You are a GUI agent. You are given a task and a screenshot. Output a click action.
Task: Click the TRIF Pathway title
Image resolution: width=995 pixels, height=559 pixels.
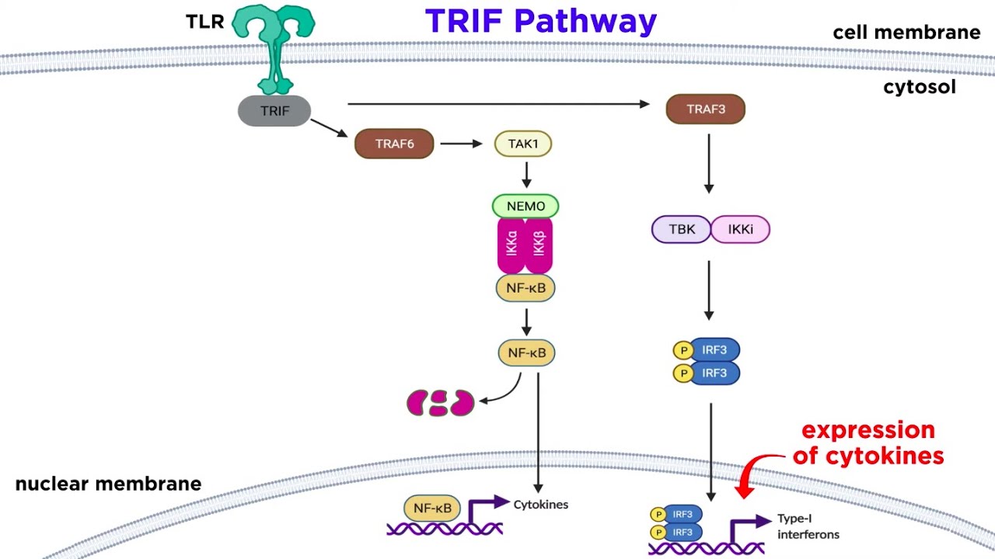[541, 22]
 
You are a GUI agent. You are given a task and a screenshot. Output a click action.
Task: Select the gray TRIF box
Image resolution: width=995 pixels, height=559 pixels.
[274, 111]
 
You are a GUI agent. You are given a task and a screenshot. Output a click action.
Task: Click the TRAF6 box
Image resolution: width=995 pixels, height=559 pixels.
[394, 144]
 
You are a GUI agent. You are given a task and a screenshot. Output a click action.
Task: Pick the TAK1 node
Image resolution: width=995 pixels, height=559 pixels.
[523, 144]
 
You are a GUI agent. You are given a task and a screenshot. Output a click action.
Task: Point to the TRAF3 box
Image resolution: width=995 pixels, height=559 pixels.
[705, 109]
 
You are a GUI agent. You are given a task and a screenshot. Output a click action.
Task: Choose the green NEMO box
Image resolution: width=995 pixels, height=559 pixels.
[525, 206]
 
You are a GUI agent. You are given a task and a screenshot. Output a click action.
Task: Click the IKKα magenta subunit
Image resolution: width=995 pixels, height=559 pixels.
[511, 245]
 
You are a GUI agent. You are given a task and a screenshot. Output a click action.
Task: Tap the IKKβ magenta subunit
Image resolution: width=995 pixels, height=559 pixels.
[539, 245]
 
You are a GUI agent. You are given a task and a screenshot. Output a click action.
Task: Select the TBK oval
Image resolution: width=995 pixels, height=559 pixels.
[681, 230]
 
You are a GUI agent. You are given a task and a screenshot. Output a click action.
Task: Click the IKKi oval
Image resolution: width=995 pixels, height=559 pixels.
[740, 230]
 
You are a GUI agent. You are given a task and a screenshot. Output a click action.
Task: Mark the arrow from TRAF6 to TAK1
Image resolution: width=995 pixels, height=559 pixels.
[462, 144]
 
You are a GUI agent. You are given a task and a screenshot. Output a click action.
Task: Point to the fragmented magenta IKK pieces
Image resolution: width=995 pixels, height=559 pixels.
[440, 403]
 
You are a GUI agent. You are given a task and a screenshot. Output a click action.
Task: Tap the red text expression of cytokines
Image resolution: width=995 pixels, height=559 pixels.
[868, 443]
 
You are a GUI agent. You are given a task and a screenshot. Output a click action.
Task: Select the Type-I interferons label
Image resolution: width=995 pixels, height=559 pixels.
[808, 526]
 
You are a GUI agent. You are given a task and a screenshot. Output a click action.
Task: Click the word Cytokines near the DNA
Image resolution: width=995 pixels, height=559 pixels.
[540, 505]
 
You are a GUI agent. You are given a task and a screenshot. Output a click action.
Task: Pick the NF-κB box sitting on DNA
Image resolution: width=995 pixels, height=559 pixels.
[432, 509]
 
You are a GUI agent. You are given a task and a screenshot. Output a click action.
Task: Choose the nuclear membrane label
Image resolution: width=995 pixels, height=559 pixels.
[108, 484]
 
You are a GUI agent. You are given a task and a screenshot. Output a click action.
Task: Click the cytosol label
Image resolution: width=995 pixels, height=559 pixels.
[919, 87]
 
